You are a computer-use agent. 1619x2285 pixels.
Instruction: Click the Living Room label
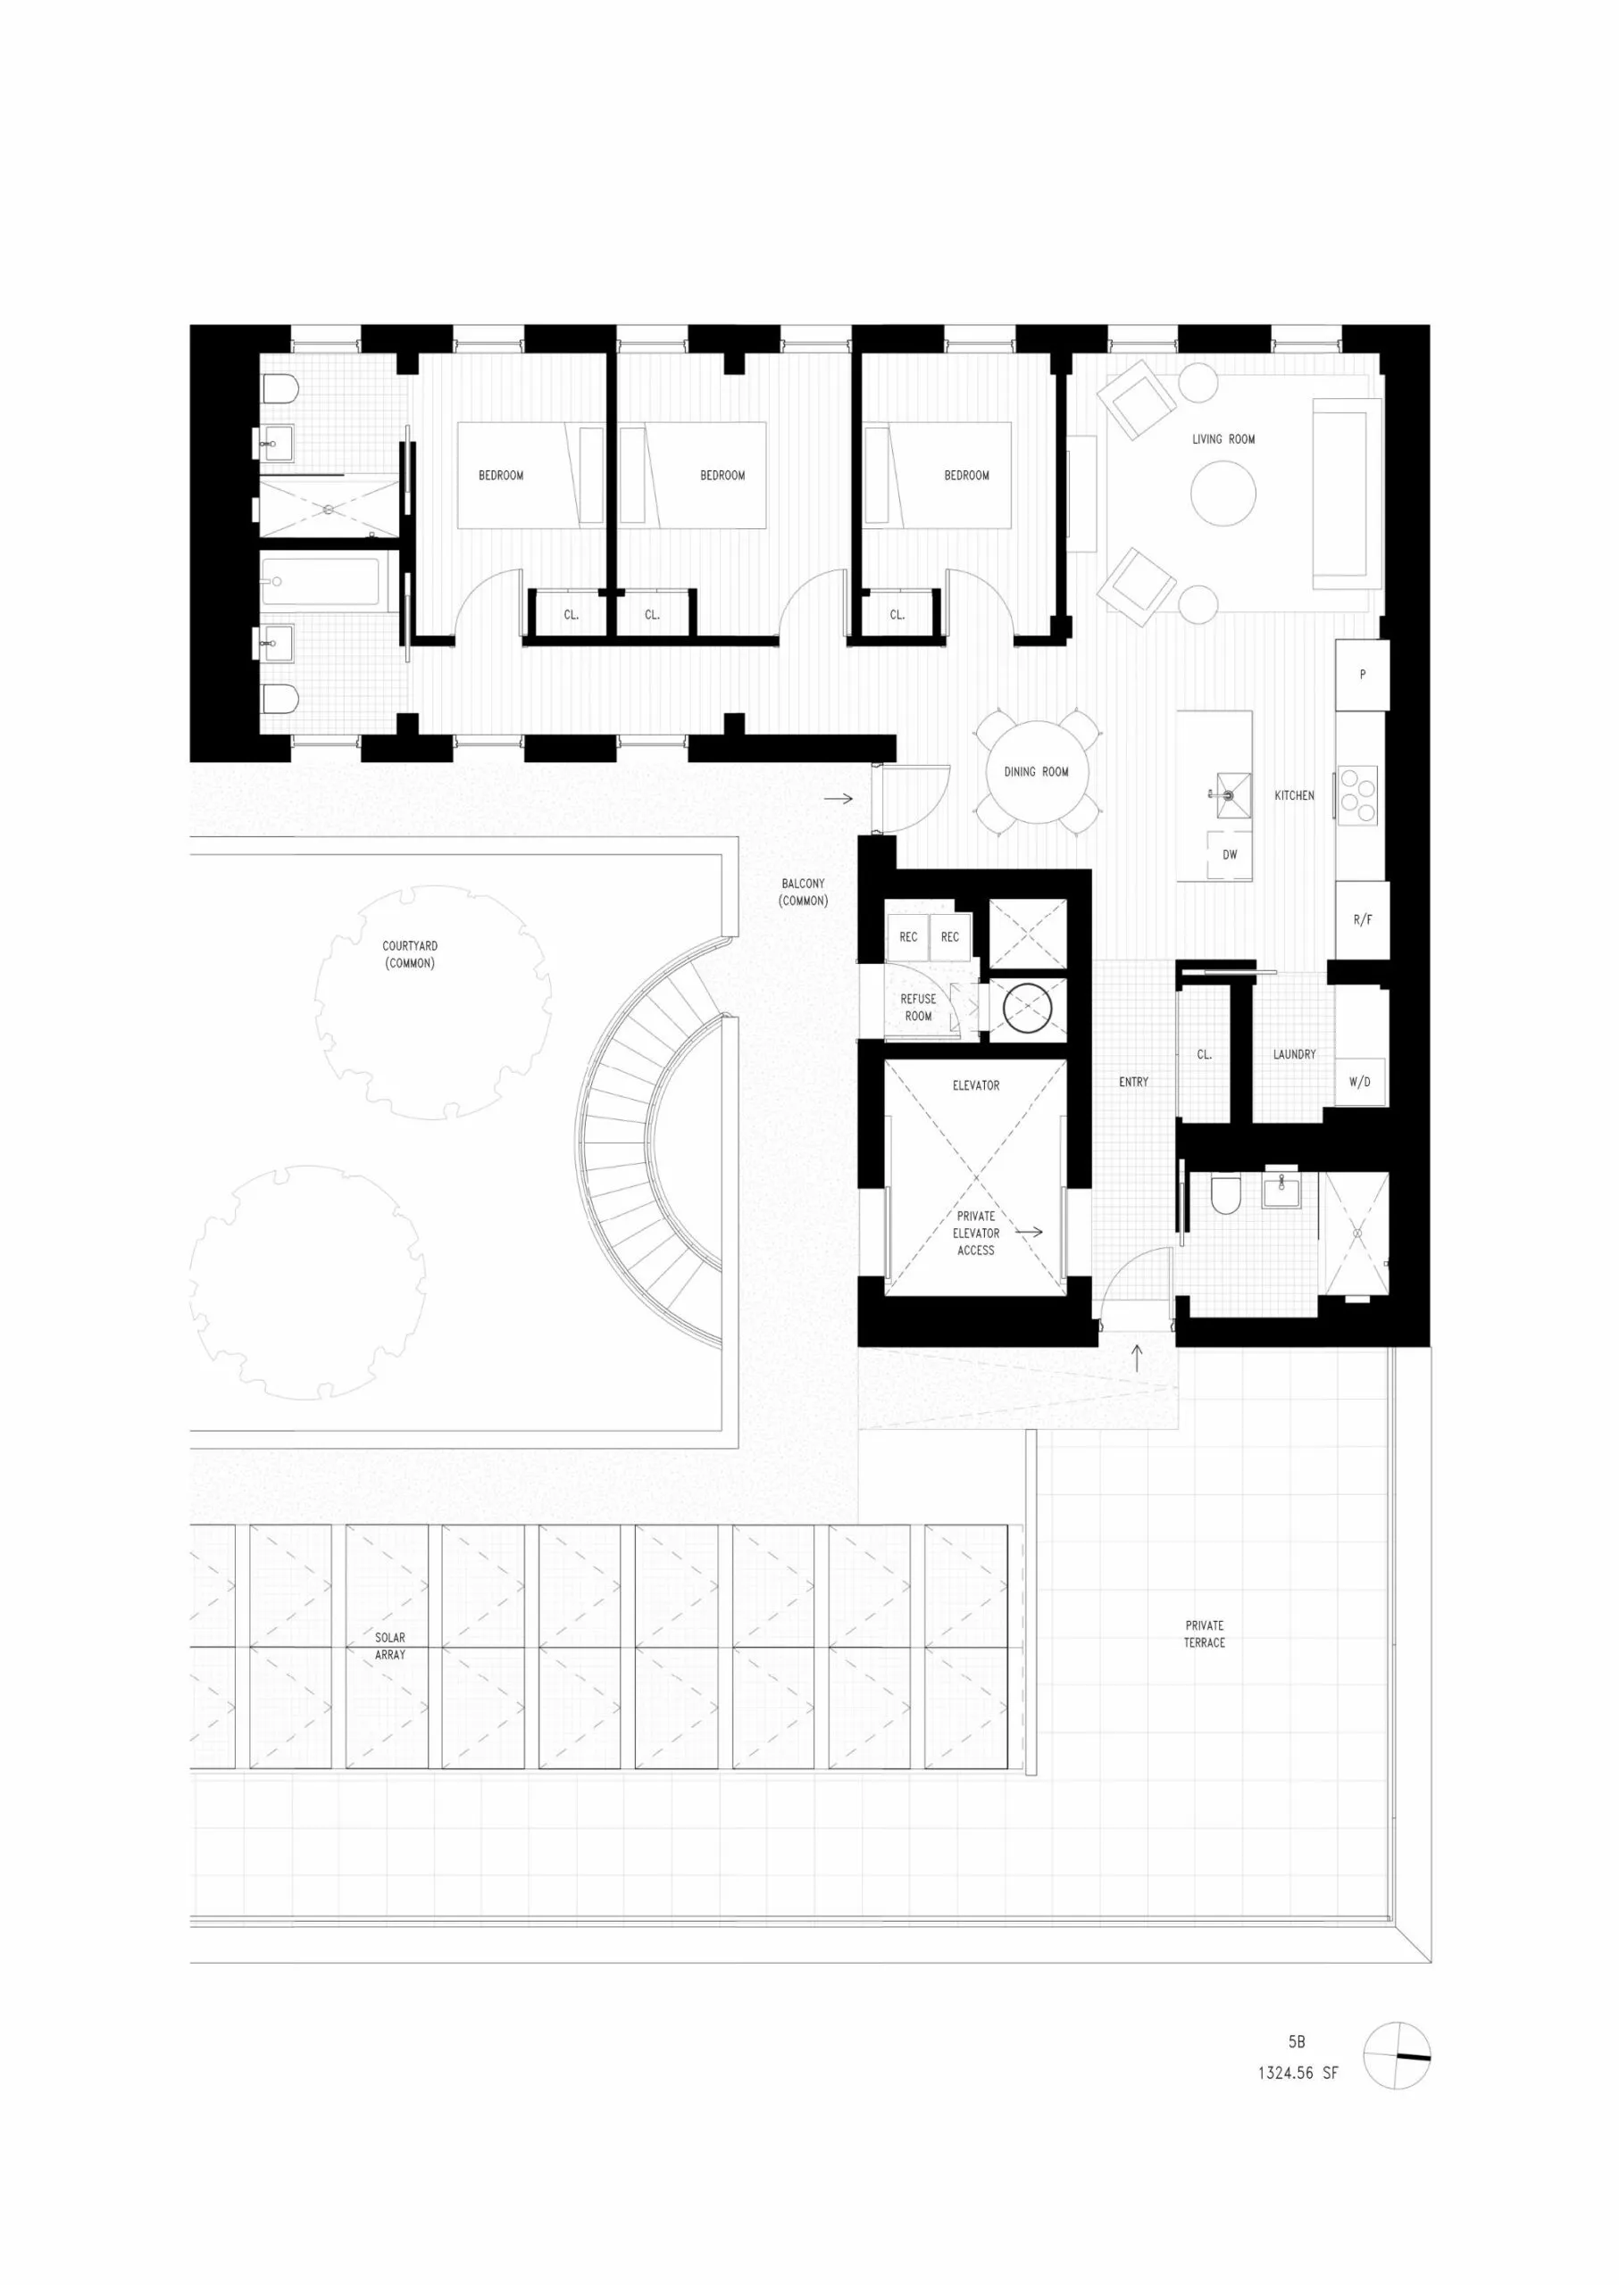point(1223,439)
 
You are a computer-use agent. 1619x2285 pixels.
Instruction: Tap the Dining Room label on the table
point(1036,771)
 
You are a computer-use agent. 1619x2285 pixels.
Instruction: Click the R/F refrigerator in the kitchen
point(1362,919)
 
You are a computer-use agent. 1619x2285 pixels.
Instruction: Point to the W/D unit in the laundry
point(1359,1082)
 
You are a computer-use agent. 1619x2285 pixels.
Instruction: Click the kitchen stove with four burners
point(1356,795)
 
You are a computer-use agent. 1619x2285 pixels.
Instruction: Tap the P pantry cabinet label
point(1362,675)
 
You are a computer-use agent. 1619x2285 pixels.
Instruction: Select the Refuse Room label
point(918,1008)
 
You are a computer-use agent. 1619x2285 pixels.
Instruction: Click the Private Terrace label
point(1205,1633)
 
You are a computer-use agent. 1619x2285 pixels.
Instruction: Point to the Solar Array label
point(390,1645)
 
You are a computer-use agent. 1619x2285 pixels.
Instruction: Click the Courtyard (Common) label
point(410,955)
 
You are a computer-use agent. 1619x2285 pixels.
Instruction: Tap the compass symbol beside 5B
point(1396,2056)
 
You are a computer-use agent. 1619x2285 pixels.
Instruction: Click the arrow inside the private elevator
point(1029,1232)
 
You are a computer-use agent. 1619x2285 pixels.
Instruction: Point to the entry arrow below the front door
point(1138,1358)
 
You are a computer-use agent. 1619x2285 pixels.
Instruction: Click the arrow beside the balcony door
point(839,798)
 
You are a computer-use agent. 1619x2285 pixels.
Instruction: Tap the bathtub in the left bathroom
point(321,584)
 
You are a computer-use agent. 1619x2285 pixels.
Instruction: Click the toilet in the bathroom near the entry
point(1224,1195)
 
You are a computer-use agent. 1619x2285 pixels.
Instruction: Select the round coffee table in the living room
point(1223,494)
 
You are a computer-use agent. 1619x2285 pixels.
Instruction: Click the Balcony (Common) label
point(803,892)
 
